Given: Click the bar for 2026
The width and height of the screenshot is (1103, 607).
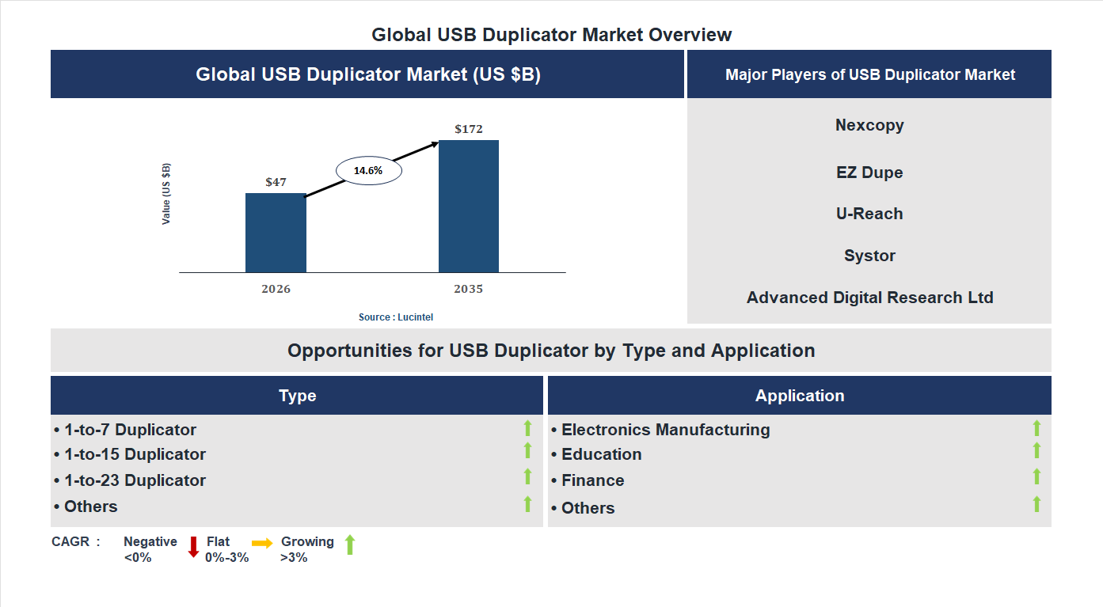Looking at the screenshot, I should click(x=276, y=233).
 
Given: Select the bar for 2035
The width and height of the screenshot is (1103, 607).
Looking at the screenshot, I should click(x=469, y=207).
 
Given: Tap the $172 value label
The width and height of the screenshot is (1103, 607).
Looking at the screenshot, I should click(x=469, y=129).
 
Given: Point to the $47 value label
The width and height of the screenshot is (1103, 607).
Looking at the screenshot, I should click(x=276, y=182).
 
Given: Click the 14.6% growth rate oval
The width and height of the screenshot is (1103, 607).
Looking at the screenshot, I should click(x=368, y=170).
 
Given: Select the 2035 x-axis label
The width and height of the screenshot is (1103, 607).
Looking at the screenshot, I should click(x=469, y=289).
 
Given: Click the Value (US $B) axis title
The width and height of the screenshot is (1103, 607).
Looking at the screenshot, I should click(x=166, y=194).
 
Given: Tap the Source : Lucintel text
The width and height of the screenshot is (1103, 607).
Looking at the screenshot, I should click(x=396, y=317).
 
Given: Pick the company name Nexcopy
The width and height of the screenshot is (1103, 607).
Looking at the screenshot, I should click(x=869, y=125).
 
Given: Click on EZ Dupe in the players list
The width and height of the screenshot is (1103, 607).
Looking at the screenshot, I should click(x=869, y=173).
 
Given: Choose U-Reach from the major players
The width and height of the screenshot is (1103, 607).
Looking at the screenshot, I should click(x=869, y=214).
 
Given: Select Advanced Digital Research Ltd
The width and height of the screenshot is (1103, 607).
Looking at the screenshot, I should click(x=869, y=298).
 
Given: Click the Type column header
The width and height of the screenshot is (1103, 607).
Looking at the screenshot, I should click(x=297, y=396).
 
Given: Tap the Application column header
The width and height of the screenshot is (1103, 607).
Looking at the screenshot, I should click(x=800, y=396).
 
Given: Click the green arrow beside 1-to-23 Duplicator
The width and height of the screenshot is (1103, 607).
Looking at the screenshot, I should click(x=527, y=476).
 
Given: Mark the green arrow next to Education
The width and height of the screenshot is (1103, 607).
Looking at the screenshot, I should click(x=1036, y=450).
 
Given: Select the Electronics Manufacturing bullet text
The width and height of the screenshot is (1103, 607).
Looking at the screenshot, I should click(x=665, y=430).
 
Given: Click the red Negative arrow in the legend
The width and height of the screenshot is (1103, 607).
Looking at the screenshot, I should click(x=193, y=547).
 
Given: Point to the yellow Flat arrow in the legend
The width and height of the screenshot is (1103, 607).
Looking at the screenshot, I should click(x=262, y=543).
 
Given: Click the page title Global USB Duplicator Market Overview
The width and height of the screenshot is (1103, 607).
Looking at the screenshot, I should click(x=552, y=35).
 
